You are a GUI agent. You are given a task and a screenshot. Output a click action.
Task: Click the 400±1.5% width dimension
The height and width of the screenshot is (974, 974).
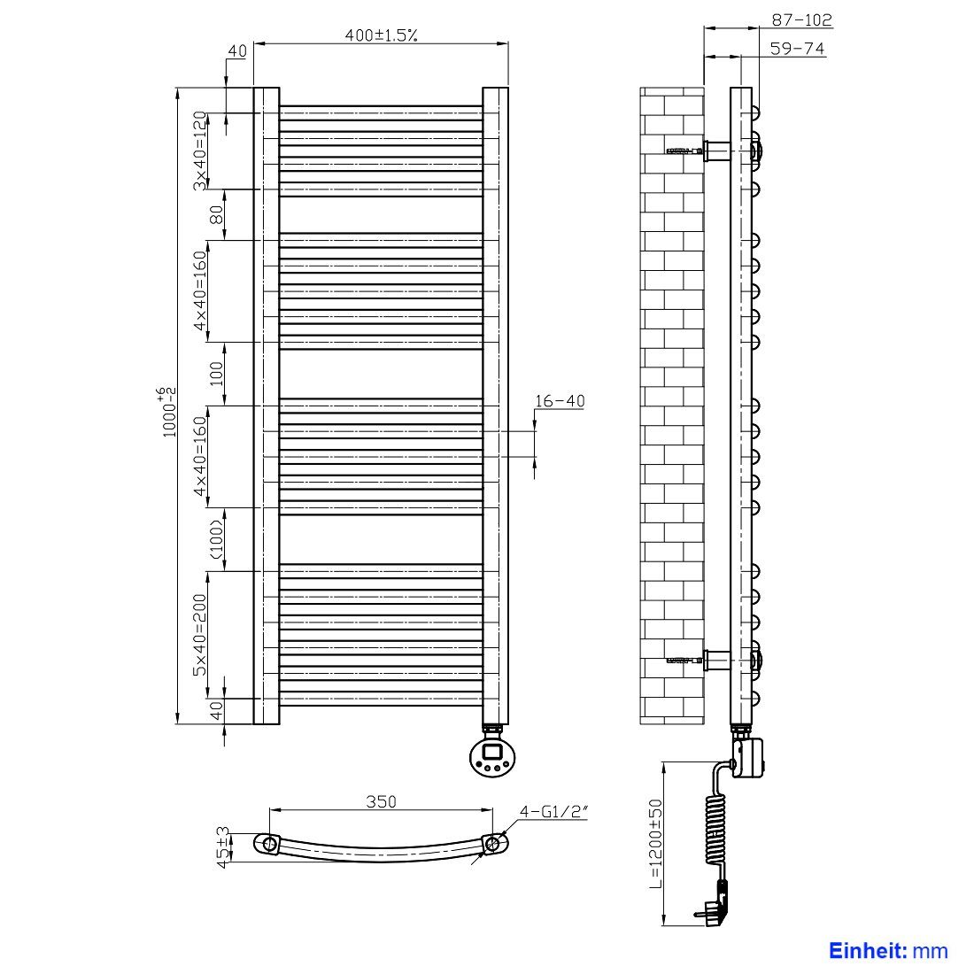(x=381, y=35)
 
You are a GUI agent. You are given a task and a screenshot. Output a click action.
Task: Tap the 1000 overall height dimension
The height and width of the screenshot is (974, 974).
(x=168, y=412)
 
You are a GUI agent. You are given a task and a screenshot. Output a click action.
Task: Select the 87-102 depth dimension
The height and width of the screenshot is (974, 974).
(x=801, y=19)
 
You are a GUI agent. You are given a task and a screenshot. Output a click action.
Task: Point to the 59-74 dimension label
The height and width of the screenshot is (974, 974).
(x=797, y=48)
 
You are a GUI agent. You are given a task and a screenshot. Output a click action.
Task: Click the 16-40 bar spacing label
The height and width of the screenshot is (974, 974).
(x=560, y=401)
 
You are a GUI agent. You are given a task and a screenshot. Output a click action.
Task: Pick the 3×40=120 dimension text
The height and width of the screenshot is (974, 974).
(x=199, y=151)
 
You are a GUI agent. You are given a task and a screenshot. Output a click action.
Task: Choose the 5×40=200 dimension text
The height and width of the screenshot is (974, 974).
(x=199, y=635)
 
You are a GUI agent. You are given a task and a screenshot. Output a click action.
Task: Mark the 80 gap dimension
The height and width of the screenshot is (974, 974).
(x=216, y=215)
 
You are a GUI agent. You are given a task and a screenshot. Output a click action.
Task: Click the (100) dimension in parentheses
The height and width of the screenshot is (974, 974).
(x=216, y=538)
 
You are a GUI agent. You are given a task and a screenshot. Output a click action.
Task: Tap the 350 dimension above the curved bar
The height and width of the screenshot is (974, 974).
(x=381, y=801)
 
